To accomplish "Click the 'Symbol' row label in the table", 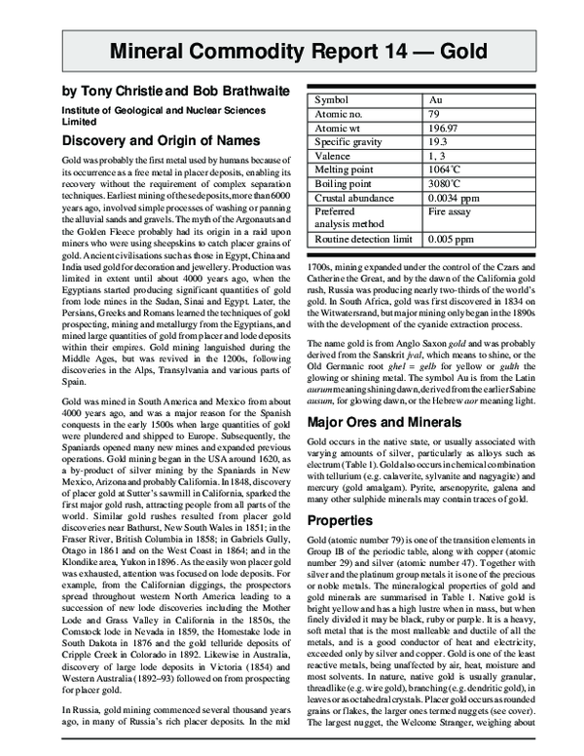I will tap(334, 99).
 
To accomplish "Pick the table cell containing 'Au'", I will tap(440, 99).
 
